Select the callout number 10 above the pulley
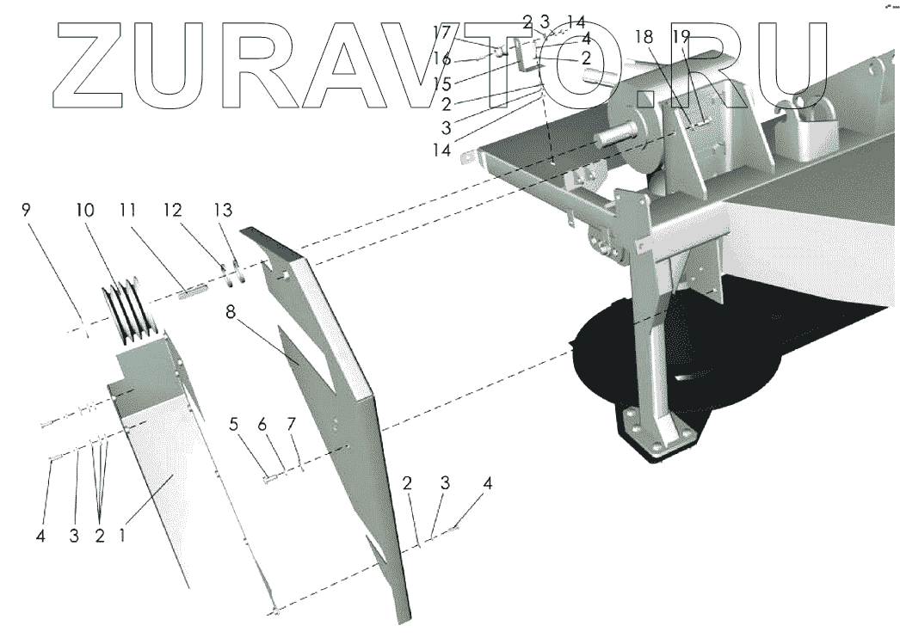click(84, 209)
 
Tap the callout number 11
click(128, 209)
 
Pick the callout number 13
click(222, 209)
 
